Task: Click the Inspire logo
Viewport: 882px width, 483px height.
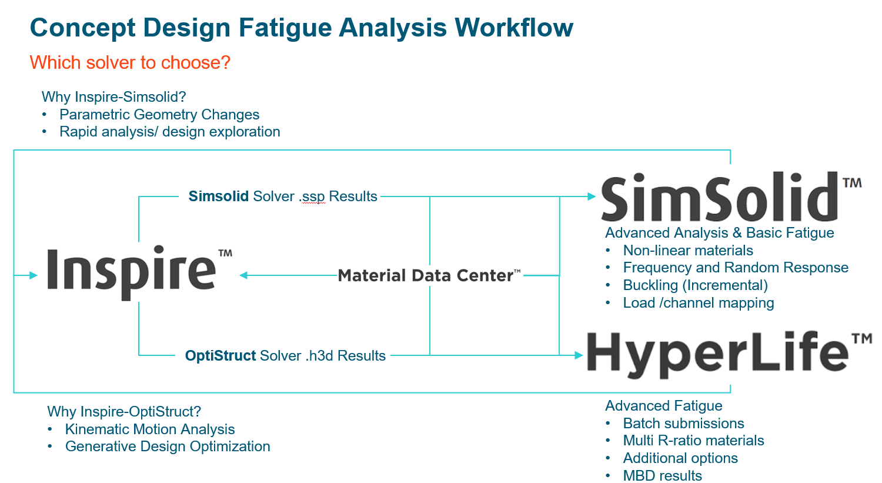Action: click(132, 271)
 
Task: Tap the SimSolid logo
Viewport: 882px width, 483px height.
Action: click(720, 198)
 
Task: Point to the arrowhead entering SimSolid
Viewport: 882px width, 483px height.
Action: click(592, 196)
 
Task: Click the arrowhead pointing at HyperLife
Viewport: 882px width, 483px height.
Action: click(579, 355)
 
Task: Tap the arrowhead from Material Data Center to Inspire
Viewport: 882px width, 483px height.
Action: click(243, 275)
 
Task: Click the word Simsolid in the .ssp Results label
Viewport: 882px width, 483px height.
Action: click(218, 196)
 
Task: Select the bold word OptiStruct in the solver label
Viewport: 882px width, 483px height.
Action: click(220, 356)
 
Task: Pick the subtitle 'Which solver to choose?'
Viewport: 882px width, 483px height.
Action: click(130, 62)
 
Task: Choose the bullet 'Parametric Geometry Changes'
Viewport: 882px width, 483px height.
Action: click(159, 115)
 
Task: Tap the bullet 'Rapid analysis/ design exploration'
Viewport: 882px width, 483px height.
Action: click(169, 132)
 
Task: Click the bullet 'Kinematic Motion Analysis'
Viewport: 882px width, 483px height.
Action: click(150, 429)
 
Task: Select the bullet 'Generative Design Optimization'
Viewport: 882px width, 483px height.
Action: click(168, 447)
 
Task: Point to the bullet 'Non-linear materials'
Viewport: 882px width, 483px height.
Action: click(688, 251)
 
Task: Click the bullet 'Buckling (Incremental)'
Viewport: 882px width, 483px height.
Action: click(695, 285)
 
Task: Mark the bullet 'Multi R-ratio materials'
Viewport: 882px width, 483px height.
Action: click(693, 441)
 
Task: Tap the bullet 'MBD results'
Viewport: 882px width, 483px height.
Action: click(662, 475)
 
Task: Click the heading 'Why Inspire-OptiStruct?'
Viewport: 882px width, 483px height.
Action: click(124, 412)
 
